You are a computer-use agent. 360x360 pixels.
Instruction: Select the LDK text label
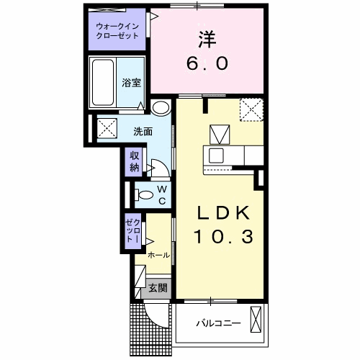pyautogui.click(x=224, y=213)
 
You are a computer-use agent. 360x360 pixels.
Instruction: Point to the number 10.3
pyautogui.click(x=223, y=236)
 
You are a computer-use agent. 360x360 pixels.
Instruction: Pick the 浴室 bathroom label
pyautogui.click(x=130, y=82)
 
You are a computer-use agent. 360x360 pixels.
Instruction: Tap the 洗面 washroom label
pyautogui.click(x=143, y=131)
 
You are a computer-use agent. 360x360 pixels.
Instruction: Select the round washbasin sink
pyautogui.click(x=161, y=109)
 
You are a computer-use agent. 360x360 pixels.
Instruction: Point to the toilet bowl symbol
pyautogui.click(x=145, y=194)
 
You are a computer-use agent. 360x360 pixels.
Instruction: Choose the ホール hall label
pyautogui.click(x=158, y=255)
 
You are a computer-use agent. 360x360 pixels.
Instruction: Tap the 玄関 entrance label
pyautogui.click(x=158, y=288)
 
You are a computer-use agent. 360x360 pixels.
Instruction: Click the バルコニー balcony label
pyautogui.click(x=217, y=323)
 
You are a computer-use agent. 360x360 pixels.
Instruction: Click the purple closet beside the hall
pyautogui.click(x=134, y=233)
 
